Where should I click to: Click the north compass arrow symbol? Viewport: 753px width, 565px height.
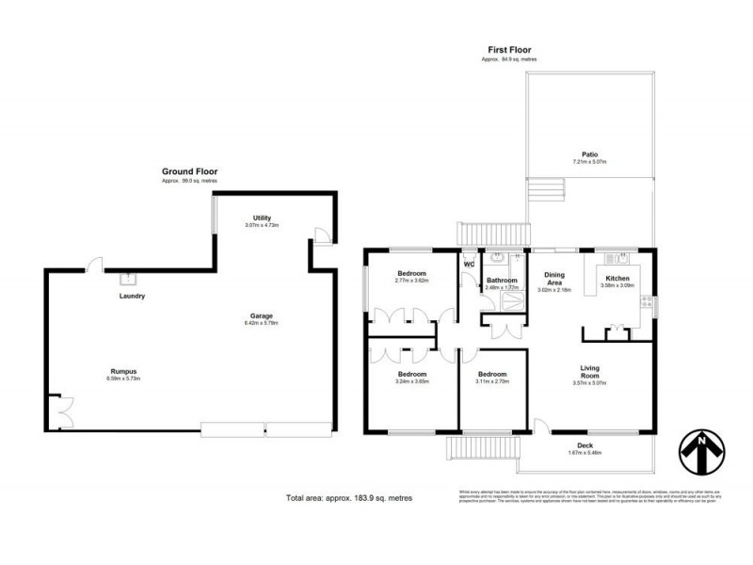pyautogui.click(x=703, y=451)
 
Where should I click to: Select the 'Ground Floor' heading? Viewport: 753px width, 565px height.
pyautogui.click(x=189, y=172)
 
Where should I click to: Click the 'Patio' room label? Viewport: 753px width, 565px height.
pyautogui.click(x=589, y=154)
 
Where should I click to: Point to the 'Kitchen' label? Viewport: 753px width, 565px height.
pyautogui.click(x=617, y=278)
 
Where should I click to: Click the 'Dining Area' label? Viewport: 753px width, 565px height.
pyautogui.click(x=555, y=278)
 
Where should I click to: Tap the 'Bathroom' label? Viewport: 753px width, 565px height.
pyautogui.click(x=502, y=281)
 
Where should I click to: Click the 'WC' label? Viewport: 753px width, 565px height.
pyautogui.click(x=468, y=265)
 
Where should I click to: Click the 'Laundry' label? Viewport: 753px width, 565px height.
pyautogui.click(x=131, y=297)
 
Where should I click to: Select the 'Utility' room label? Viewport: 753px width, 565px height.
pyautogui.click(x=262, y=218)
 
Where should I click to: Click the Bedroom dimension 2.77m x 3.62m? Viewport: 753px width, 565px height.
pyautogui.click(x=411, y=281)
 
